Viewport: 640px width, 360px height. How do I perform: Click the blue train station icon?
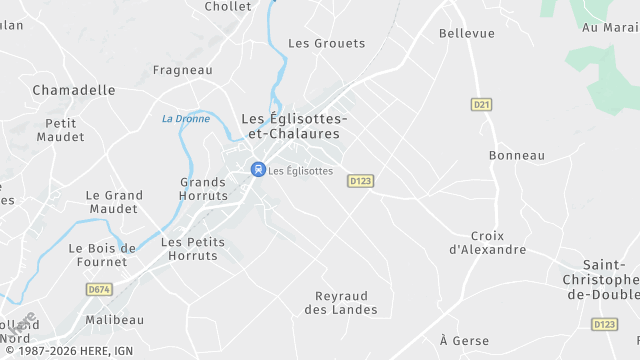click(x=258, y=170)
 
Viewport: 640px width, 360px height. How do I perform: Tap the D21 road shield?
click(x=482, y=104)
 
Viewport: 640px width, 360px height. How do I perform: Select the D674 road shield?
click(x=98, y=289)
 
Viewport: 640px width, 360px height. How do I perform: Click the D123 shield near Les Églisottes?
click(x=360, y=181)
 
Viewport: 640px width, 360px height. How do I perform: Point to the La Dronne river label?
click(x=185, y=119)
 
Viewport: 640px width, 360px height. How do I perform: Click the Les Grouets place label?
click(x=326, y=44)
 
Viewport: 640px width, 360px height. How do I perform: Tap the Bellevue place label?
click(x=467, y=34)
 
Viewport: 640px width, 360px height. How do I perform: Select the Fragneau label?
click(x=182, y=70)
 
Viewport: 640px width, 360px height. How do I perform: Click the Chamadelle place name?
click(x=74, y=90)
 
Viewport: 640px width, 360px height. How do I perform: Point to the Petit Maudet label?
click(x=60, y=130)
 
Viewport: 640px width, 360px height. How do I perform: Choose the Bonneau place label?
click(x=517, y=156)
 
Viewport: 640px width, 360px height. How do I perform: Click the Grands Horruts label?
click(x=203, y=189)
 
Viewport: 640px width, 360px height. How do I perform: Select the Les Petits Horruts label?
click(x=193, y=249)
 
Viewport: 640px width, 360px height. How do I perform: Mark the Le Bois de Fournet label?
click(x=101, y=255)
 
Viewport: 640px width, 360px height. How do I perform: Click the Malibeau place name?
click(x=115, y=320)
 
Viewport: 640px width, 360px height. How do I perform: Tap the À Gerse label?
click(x=464, y=341)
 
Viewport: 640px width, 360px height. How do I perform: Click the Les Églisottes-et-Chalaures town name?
click(x=295, y=126)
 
